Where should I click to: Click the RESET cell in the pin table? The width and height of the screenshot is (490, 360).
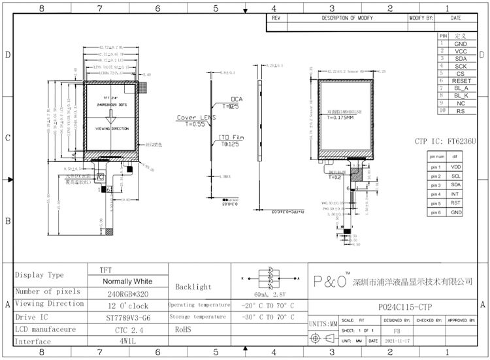tap(461, 81)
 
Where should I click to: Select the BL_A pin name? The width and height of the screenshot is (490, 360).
tap(461, 88)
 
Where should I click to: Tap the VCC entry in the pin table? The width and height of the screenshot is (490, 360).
tap(461, 51)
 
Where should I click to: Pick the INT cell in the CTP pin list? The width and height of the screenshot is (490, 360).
tap(455, 194)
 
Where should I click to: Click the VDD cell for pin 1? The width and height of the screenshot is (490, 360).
tap(455, 167)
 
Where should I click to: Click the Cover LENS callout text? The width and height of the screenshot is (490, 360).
tap(196, 118)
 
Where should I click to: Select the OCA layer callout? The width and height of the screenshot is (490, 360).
tap(237, 99)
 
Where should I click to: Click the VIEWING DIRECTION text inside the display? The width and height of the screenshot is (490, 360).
tap(112, 129)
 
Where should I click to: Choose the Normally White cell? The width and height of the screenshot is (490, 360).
tap(128, 281)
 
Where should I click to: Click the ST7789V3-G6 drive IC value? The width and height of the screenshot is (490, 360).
tap(128, 317)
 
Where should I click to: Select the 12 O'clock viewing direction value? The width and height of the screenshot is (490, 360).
tap(128, 305)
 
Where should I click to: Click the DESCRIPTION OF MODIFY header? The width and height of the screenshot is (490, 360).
tap(347, 18)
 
